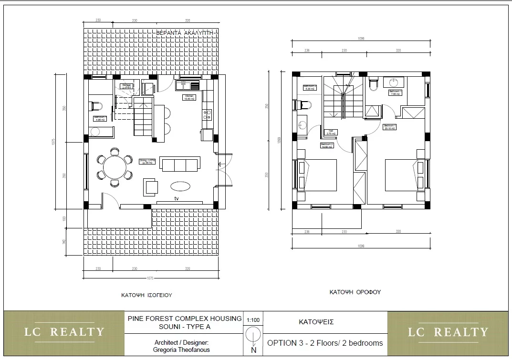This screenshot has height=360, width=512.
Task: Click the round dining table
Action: point(115,167)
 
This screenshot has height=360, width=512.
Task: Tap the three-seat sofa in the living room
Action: point(180,165)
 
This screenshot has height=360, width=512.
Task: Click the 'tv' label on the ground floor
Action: point(176,198)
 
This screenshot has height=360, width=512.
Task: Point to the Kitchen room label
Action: point(189,97)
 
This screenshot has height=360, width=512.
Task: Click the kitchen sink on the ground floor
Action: point(184,85)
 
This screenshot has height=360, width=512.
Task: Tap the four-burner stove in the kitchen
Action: point(208,115)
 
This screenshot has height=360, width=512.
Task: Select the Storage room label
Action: point(126,86)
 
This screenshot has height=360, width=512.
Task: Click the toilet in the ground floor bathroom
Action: point(96,105)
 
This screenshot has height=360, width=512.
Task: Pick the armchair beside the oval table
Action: point(151,186)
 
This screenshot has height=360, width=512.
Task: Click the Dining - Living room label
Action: point(147,162)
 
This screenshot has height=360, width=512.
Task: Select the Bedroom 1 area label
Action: point(390,127)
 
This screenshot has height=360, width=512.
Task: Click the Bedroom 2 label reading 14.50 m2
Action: point(327,145)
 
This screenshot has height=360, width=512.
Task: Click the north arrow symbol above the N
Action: point(252,336)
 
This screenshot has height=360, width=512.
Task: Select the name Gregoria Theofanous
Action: point(181,350)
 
